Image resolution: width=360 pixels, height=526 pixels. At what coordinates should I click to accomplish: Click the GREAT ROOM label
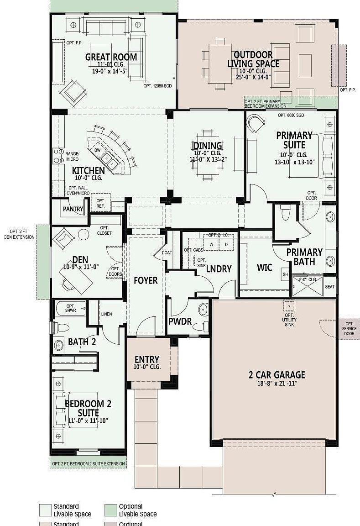111,57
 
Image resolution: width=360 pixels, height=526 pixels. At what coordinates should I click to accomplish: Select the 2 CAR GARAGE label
277,375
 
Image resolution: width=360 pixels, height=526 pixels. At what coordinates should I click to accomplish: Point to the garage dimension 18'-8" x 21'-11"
277,384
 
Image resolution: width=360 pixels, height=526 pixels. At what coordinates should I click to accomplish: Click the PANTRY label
73,209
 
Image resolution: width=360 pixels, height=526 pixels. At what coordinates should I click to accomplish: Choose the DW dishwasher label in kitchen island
97,150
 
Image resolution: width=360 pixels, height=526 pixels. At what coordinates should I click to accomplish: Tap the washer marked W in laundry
211,245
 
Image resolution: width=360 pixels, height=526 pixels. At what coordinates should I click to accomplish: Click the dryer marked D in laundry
226,245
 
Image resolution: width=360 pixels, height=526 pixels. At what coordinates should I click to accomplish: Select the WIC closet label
264,267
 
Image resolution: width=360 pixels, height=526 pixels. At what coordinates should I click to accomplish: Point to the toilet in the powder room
200,326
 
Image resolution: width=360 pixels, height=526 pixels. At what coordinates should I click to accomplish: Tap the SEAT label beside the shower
329,287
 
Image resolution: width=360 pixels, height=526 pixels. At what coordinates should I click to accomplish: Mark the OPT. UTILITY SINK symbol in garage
289,305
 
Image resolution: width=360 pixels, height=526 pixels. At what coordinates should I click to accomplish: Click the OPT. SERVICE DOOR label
349,328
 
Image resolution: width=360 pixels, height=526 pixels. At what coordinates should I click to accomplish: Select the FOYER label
146,280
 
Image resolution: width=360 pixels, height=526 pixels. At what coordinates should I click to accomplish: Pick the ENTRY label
146,359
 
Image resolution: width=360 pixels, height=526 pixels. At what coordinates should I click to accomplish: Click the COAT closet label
167,252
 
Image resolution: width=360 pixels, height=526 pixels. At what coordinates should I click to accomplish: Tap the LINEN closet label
106,314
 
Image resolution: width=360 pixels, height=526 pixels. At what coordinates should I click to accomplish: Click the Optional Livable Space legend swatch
110,510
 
